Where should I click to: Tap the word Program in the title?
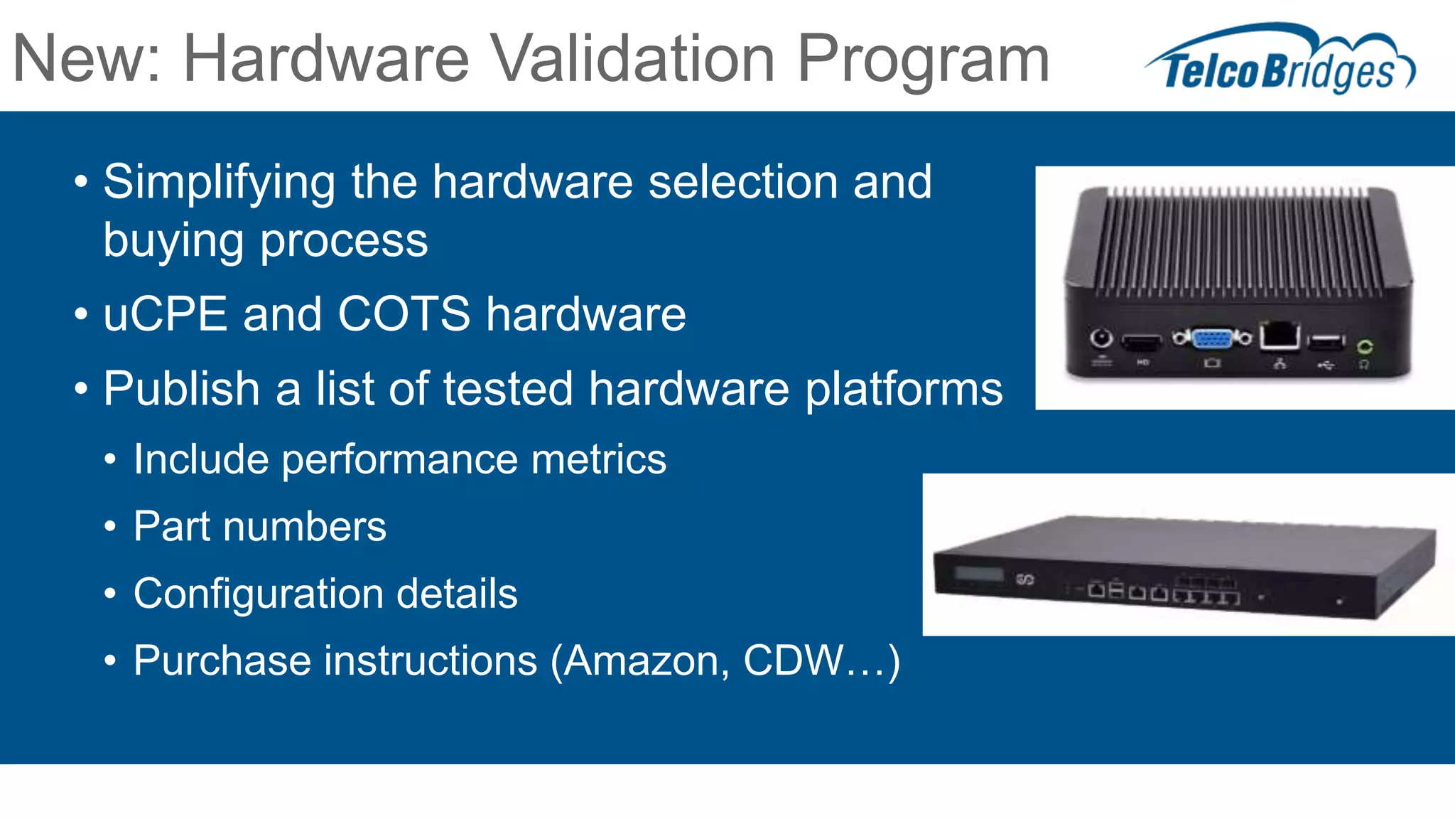(923, 60)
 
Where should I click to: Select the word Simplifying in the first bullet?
(219, 183)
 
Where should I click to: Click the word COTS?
(404, 314)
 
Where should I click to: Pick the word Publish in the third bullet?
(181, 389)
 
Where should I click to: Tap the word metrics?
(598, 459)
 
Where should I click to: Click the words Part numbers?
(260, 527)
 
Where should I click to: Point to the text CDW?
(793, 660)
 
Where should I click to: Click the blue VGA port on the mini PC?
(1212, 338)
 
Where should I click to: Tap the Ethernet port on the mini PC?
(1280, 336)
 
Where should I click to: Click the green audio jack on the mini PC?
(1364, 347)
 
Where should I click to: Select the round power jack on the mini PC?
(1101, 338)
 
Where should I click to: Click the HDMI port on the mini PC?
(1142, 343)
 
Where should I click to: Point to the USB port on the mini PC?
(1326, 342)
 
